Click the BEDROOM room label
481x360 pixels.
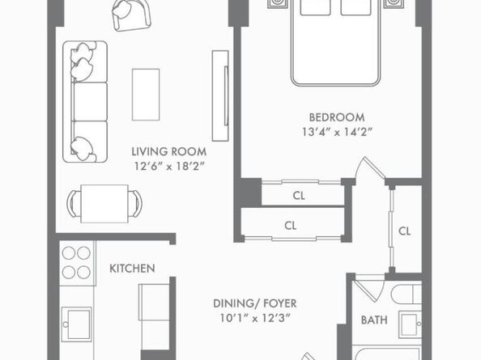(336, 116)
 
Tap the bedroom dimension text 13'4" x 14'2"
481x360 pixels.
(336, 131)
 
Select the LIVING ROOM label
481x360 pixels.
(169, 151)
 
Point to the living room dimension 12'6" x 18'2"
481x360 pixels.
(169, 166)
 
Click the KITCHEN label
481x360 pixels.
(132, 269)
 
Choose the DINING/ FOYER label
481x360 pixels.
(254, 303)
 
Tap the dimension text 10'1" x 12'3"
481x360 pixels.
(254, 318)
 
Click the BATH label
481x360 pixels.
(374, 320)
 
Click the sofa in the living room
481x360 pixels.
(85, 101)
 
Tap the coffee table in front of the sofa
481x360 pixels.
(147, 93)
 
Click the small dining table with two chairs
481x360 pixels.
(104, 201)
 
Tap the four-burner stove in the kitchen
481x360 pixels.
(76, 263)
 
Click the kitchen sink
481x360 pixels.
(79, 324)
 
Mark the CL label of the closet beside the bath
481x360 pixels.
(405, 231)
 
